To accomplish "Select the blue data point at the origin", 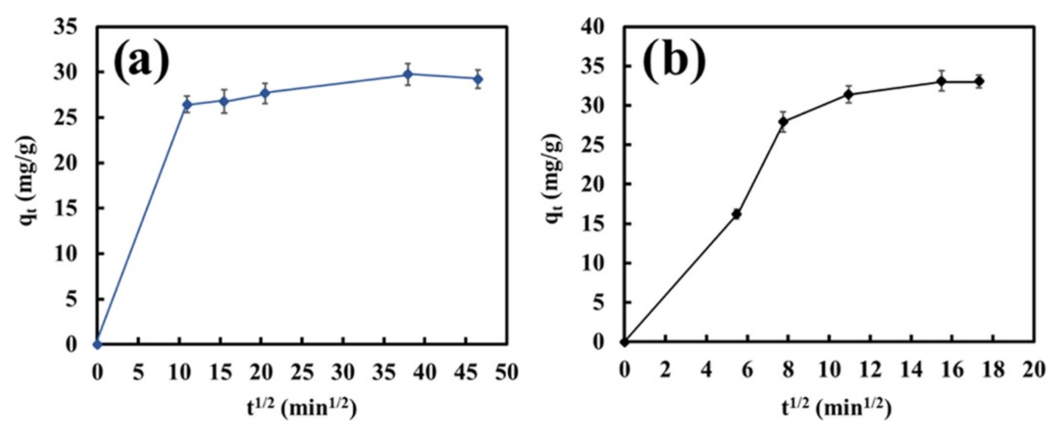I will (97, 344).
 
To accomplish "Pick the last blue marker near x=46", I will (478, 79).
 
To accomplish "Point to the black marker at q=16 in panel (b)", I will (737, 214).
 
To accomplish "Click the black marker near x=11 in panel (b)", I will (848, 95).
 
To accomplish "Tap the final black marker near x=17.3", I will (979, 81).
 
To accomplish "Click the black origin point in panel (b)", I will (625, 342).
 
